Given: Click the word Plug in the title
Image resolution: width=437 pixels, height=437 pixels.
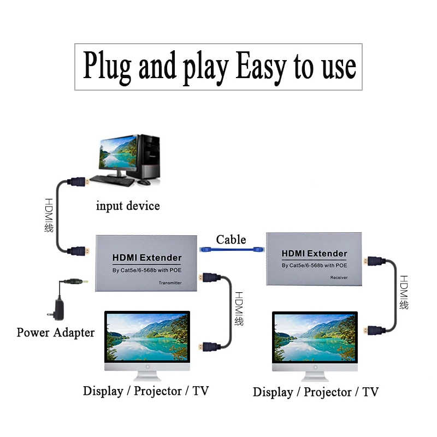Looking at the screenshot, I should pyautogui.click(x=107, y=67).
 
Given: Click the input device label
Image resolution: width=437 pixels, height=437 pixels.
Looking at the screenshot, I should pyautogui.click(x=128, y=206).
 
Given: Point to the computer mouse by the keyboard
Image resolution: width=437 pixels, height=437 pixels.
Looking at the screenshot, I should pyautogui.click(x=144, y=182).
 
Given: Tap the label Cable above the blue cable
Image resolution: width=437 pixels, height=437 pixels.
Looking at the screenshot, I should pyautogui.click(x=231, y=239).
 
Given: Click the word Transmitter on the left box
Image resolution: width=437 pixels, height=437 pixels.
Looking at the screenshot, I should pyautogui.click(x=170, y=283).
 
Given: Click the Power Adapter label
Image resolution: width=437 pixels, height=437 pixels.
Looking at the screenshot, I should pyautogui.click(x=55, y=332).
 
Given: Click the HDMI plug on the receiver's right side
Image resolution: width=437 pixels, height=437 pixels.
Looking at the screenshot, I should pyautogui.click(x=374, y=261).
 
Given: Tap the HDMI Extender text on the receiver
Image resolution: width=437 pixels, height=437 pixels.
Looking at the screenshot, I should pyautogui.click(x=314, y=253).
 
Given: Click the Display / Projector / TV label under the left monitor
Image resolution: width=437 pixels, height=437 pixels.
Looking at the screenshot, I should pyautogui.click(x=146, y=391).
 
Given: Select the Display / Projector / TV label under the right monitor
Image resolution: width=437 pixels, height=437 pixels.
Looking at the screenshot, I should pyautogui.click(x=316, y=392).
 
